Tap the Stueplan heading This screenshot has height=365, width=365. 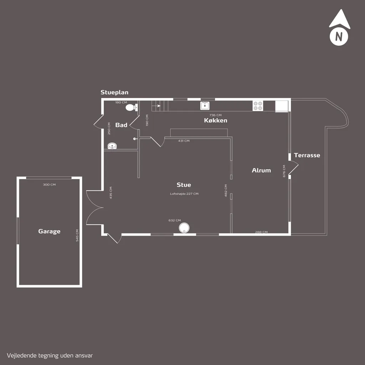(x=114, y=92)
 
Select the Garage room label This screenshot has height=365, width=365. (x=49, y=231)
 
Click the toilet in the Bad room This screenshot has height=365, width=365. (x=132, y=107)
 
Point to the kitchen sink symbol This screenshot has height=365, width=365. (x=205, y=106)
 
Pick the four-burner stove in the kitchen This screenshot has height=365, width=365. (x=258, y=106)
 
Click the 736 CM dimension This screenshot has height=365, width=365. (x=216, y=115)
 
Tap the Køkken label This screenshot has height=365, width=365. (x=216, y=120)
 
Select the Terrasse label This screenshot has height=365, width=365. (x=307, y=155)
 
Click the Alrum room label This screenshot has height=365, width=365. (x=261, y=170)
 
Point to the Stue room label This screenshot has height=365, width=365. (x=184, y=185)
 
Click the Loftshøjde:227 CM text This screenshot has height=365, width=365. (x=184, y=194)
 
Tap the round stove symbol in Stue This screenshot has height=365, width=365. (x=184, y=228)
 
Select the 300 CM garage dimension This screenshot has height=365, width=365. (x=49, y=185)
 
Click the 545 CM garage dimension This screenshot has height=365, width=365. (x=77, y=235)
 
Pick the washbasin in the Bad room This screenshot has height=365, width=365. (x=112, y=146)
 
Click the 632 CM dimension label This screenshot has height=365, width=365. (x=175, y=220)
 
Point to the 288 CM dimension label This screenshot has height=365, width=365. (x=261, y=232)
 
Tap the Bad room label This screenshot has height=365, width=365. (x=121, y=125)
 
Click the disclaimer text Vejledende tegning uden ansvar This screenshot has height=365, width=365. (x=50, y=356)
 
